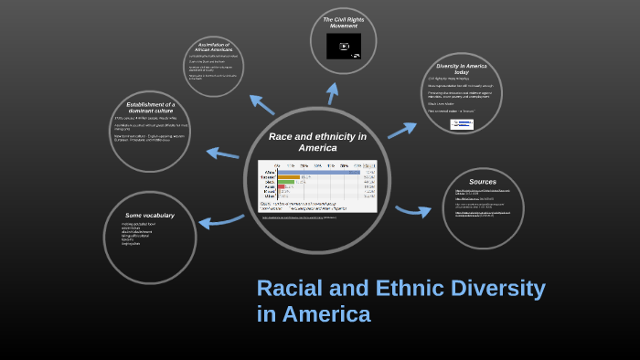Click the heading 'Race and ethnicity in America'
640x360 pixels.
(317, 142)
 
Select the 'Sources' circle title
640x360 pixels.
(483, 182)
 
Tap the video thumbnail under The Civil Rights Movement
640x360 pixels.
(344, 46)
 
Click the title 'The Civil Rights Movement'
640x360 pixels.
(344, 22)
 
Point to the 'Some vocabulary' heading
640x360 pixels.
(150, 216)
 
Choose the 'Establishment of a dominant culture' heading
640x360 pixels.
(151, 108)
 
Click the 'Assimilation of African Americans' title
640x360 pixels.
(214, 47)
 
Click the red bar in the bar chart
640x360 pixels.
(282, 188)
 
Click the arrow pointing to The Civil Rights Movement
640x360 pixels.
(333, 93)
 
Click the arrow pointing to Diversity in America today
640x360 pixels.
(401, 131)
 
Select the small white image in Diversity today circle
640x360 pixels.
(462, 124)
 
